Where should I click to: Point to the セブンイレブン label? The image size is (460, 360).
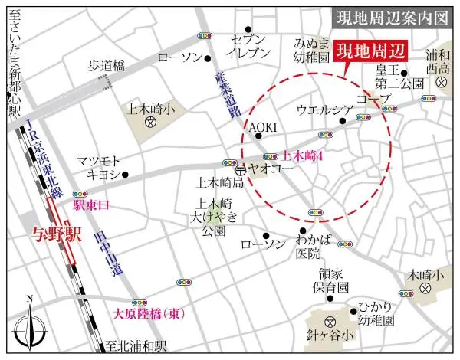tap(250, 47)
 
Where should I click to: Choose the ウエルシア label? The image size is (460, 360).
tap(329, 109)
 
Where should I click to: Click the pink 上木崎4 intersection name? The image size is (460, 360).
tap(306, 155)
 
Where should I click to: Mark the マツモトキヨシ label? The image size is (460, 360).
tap(99, 167)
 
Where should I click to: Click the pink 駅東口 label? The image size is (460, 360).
tap(92, 205)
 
